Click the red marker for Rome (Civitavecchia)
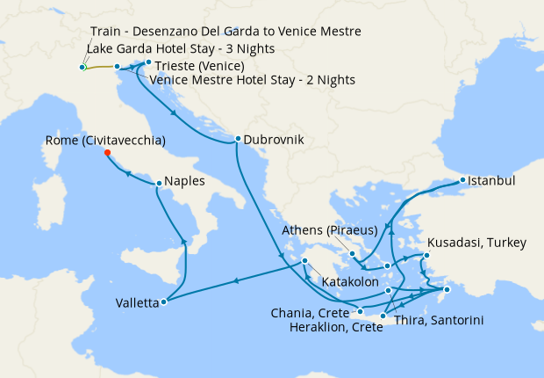coord(108,152)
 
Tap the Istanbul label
coord(492,181)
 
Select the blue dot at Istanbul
coord(463,181)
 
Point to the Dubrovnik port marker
coord(237,139)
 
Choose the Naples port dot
coord(158,184)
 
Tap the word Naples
coord(185,183)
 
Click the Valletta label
coord(137,303)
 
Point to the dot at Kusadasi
coord(427,256)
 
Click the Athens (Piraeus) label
coord(330,231)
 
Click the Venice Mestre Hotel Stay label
coord(253,80)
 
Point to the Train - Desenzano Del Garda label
coord(225,32)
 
